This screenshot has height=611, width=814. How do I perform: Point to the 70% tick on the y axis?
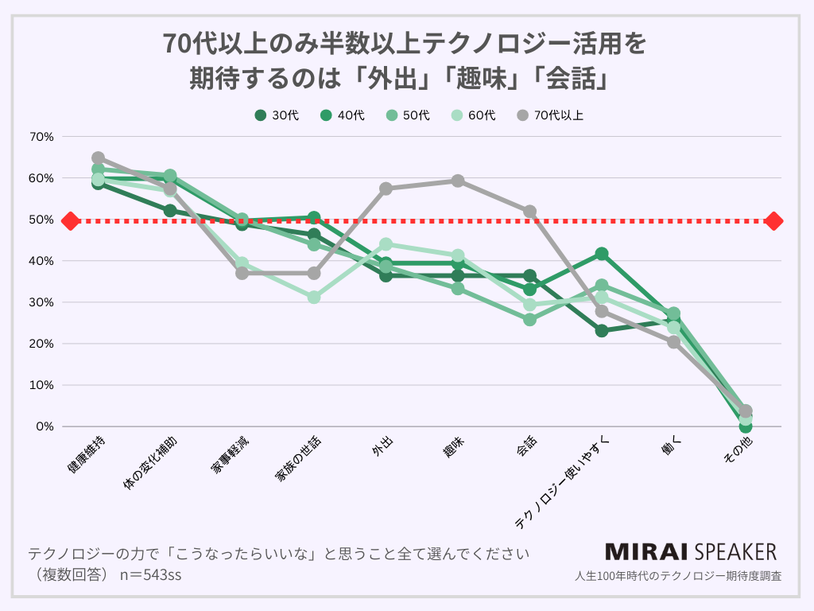(x=41, y=136)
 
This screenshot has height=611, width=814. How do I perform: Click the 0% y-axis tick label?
(x=45, y=426)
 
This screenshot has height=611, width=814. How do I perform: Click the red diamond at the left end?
(x=70, y=220)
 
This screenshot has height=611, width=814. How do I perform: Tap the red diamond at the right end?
(x=774, y=220)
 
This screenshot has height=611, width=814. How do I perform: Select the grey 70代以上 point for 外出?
(x=386, y=189)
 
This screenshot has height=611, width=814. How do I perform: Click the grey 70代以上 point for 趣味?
(x=458, y=181)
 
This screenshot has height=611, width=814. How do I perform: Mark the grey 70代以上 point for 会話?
(x=529, y=212)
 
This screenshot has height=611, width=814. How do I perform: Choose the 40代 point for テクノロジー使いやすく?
(x=602, y=254)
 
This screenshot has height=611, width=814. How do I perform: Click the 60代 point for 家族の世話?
(x=314, y=297)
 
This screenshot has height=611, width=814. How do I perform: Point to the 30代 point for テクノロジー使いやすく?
(x=602, y=330)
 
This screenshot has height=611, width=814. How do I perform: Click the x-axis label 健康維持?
(x=84, y=457)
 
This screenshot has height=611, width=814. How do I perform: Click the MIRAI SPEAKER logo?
(x=691, y=551)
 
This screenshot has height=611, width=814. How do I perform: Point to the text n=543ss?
(x=150, y=574)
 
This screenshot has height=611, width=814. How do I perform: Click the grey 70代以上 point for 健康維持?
(x=98, y=158)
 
